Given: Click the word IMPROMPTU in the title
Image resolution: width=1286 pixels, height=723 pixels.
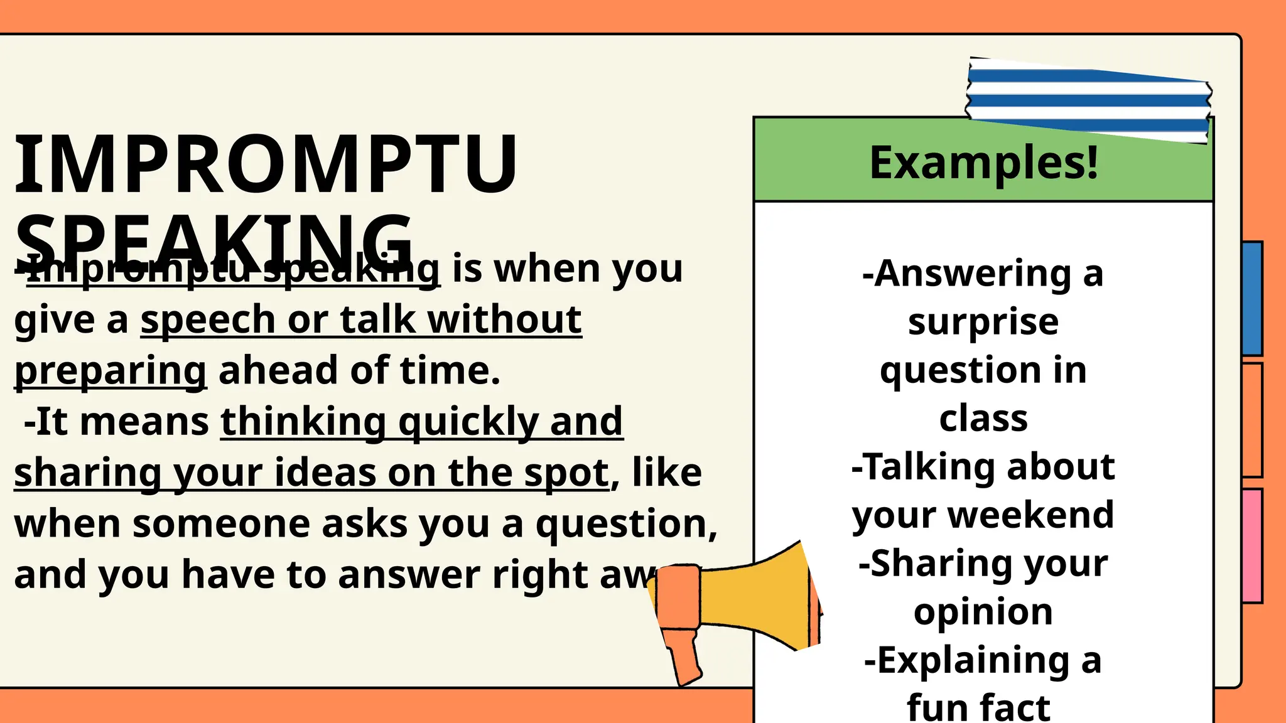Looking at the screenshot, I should click(265, 164).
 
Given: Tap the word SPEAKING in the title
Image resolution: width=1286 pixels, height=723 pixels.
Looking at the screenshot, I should click(213, 242).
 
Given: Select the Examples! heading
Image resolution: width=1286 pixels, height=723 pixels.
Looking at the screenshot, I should click(983, 163).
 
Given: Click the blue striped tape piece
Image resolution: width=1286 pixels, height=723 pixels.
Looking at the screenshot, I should click(1088, 100).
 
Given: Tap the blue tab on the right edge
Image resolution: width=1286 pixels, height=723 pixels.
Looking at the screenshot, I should click(1252, 299).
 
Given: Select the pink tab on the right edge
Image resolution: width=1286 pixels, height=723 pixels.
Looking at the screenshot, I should click(1252, 546).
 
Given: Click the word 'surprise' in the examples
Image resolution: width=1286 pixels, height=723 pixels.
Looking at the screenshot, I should click(983, 322).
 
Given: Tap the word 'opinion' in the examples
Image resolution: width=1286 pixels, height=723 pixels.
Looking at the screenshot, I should click(983, 612).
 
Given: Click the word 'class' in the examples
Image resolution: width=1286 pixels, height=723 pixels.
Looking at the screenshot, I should click(983, 419).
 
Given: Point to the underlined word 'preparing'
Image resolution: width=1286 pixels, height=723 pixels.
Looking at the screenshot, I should click(111, 372).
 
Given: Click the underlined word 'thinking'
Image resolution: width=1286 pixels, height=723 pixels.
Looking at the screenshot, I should click(303, 421).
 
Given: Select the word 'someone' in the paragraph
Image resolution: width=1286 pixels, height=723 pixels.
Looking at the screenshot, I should click(221, 523).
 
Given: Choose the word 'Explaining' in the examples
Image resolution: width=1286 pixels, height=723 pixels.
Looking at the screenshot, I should click(966, 660).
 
